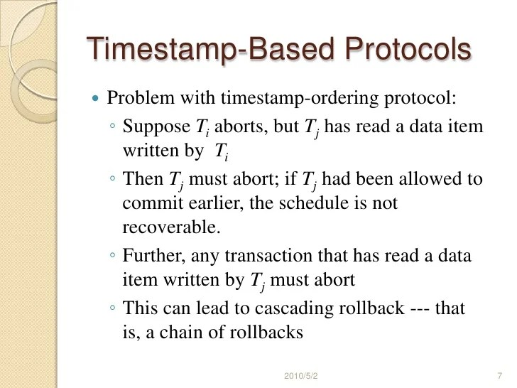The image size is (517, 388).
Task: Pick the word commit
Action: point(147,203)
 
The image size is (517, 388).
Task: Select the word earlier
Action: point(201,203)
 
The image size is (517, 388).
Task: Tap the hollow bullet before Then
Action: point(114,180)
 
